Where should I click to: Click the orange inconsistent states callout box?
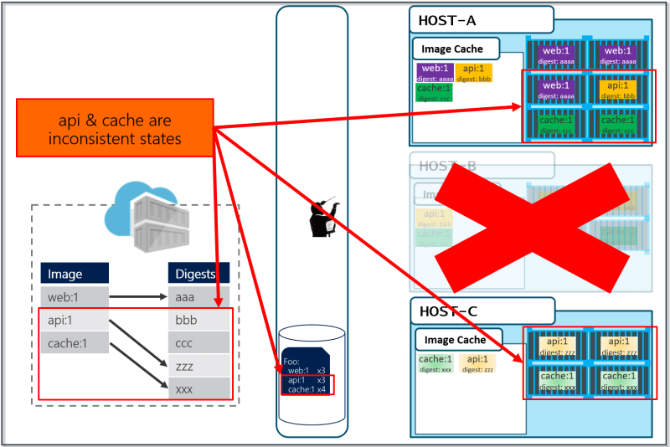coord(115,128)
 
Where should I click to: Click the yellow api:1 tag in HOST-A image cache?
coord(474,73)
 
